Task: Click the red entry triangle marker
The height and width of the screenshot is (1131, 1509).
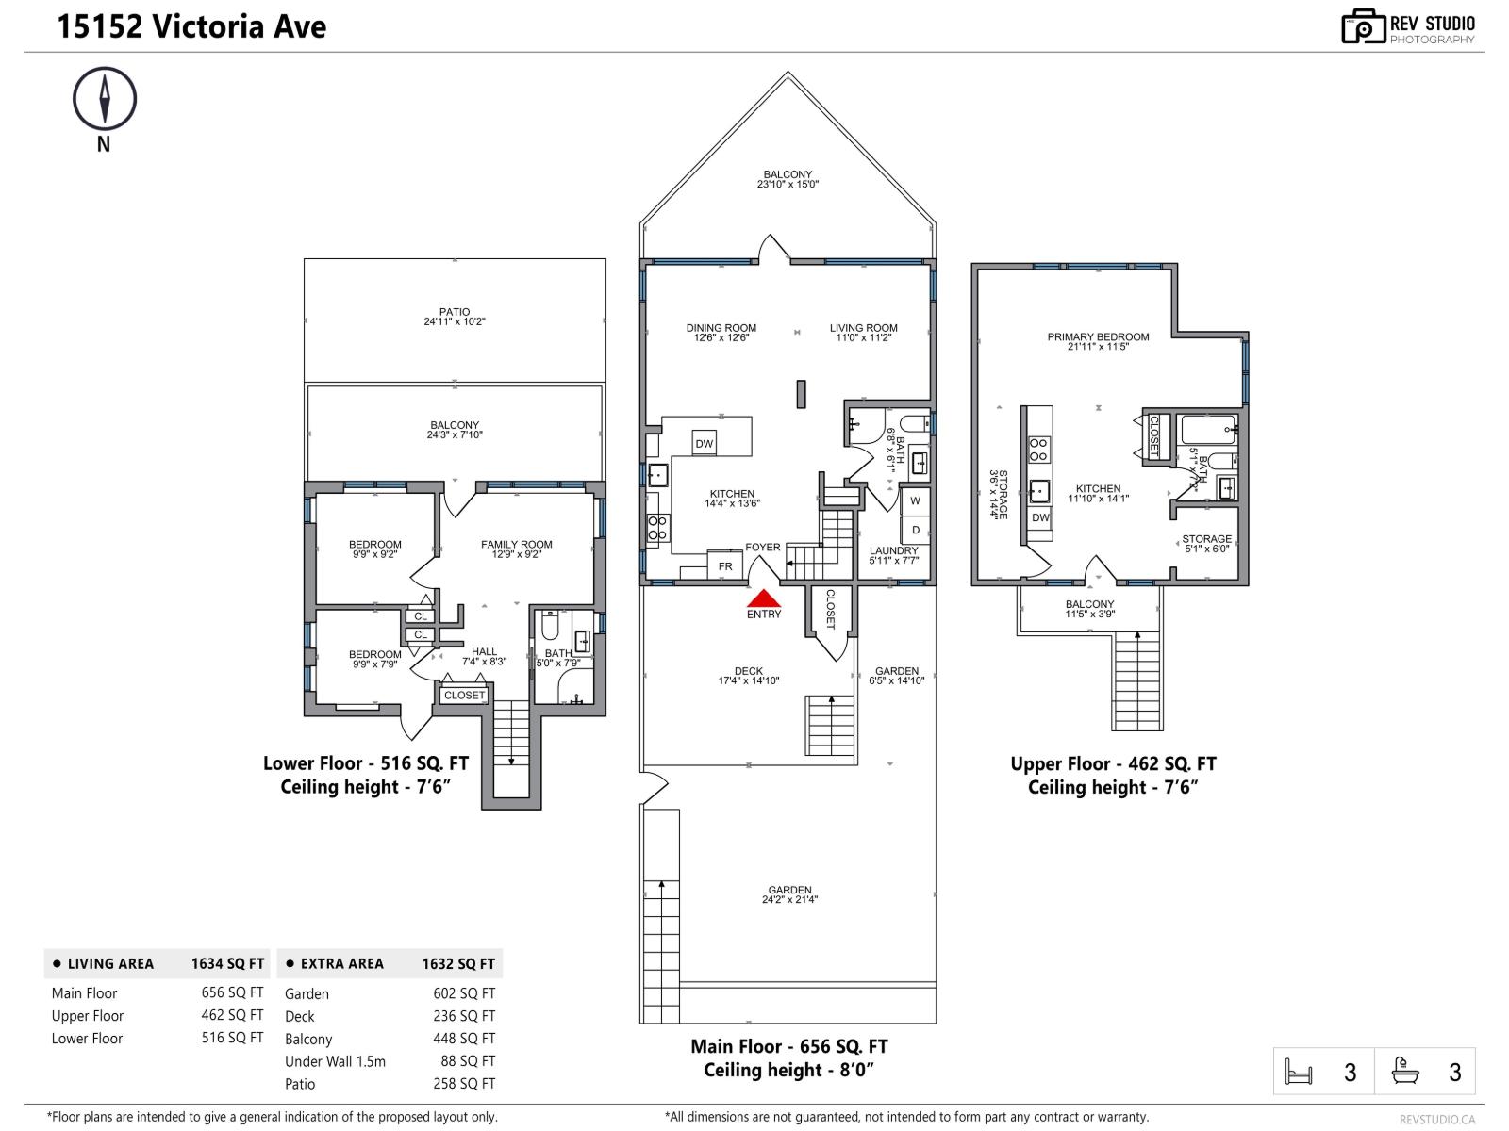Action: tap(764, 598)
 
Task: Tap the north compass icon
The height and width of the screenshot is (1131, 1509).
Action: tap(105, 98)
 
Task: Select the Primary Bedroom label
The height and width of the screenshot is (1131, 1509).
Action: tap(1098, 341)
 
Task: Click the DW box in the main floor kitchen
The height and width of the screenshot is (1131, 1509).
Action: tap(704, 444)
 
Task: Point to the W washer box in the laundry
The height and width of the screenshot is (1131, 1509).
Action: tap(915, 500)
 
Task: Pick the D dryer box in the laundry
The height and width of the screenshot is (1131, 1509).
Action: tap(915, 530)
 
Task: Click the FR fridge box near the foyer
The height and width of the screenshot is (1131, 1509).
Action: tap(725, 566)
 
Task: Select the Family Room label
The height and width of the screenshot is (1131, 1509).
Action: tap(516, 549)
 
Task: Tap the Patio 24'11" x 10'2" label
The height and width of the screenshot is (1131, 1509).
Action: tap(454, 317)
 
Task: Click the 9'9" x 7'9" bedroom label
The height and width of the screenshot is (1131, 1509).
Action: tap(374, 659)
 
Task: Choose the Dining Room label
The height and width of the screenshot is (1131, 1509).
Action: tap(721, 333)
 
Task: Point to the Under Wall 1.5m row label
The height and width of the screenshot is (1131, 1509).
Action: tap(335, 1061)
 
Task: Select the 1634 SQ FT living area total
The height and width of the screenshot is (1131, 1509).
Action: tap(227, 963)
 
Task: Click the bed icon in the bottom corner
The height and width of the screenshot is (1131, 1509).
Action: tap(1299, 1072)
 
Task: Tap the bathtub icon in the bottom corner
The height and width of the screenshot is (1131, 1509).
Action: tap(1405, 1071)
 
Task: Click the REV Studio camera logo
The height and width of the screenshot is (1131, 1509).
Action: tap(1362, 26)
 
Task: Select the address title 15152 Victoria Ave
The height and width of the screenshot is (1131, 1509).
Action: tap(191, 26)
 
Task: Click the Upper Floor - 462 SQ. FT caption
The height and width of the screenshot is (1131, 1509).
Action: tap(1113, 764)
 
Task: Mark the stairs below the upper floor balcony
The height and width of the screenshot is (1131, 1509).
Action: tap(1136, 680)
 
